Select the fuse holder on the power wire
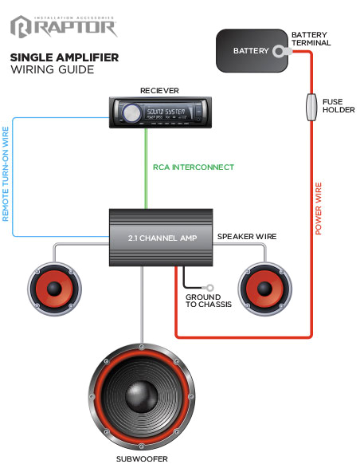311,108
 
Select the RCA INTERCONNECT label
194,167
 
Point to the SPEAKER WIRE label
246,237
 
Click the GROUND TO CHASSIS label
204,301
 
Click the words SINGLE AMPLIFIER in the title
65,57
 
